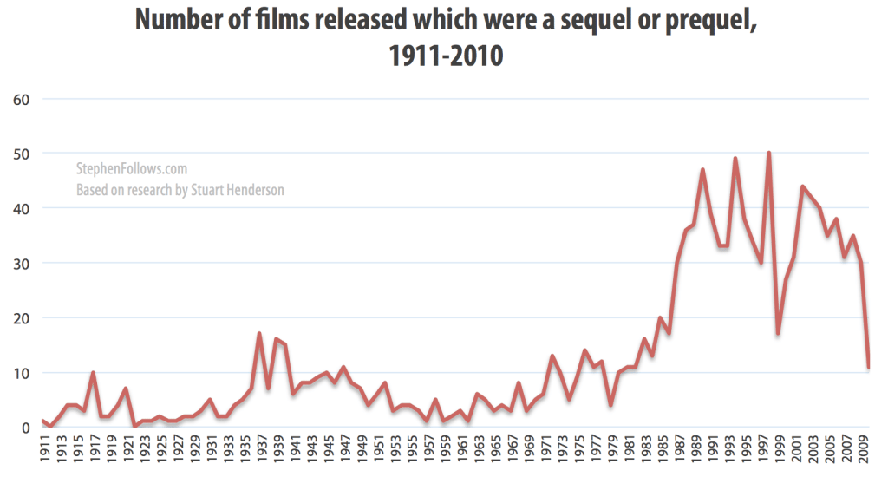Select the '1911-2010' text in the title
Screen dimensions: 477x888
coord(443,57)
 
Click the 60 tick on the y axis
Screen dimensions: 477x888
coord(23,99)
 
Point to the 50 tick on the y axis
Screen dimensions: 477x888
coord(23,154)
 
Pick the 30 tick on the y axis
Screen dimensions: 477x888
coord(23,263)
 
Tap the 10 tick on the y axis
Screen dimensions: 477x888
coord(23,373)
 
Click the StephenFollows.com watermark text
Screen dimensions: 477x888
coord(132,170)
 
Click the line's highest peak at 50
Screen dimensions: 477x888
coord(768,154)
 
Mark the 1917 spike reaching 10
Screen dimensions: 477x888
coord(94,373)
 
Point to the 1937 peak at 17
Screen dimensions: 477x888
coord(259,334)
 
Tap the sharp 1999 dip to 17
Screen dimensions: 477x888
coord(777,334)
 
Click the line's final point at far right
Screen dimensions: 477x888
coord(868,367)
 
